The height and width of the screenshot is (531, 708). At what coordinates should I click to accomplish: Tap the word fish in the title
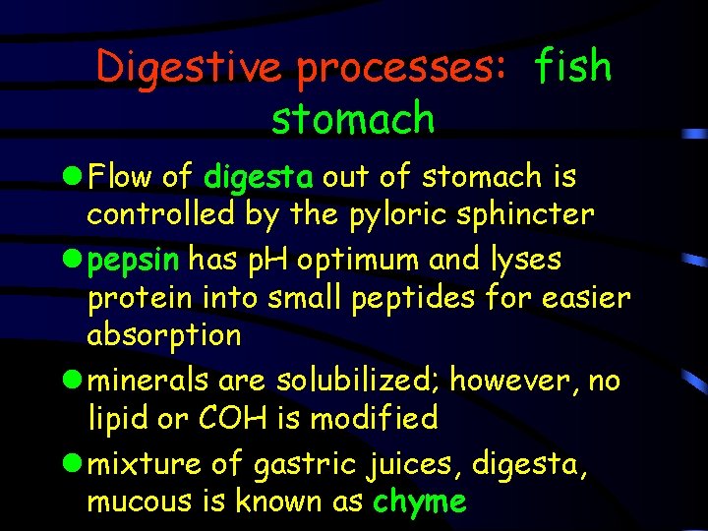tap(573, 67)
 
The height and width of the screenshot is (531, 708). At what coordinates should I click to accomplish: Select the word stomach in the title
tap(353, 119)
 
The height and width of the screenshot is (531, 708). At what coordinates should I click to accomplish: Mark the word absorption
tap(164, 336)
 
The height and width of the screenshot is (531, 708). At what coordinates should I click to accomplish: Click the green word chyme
tap(420, 501)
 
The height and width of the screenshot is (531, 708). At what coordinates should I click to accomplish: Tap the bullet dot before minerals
tap(75, 381)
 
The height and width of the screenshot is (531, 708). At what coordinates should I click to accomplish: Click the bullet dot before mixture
tap(75, 462)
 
